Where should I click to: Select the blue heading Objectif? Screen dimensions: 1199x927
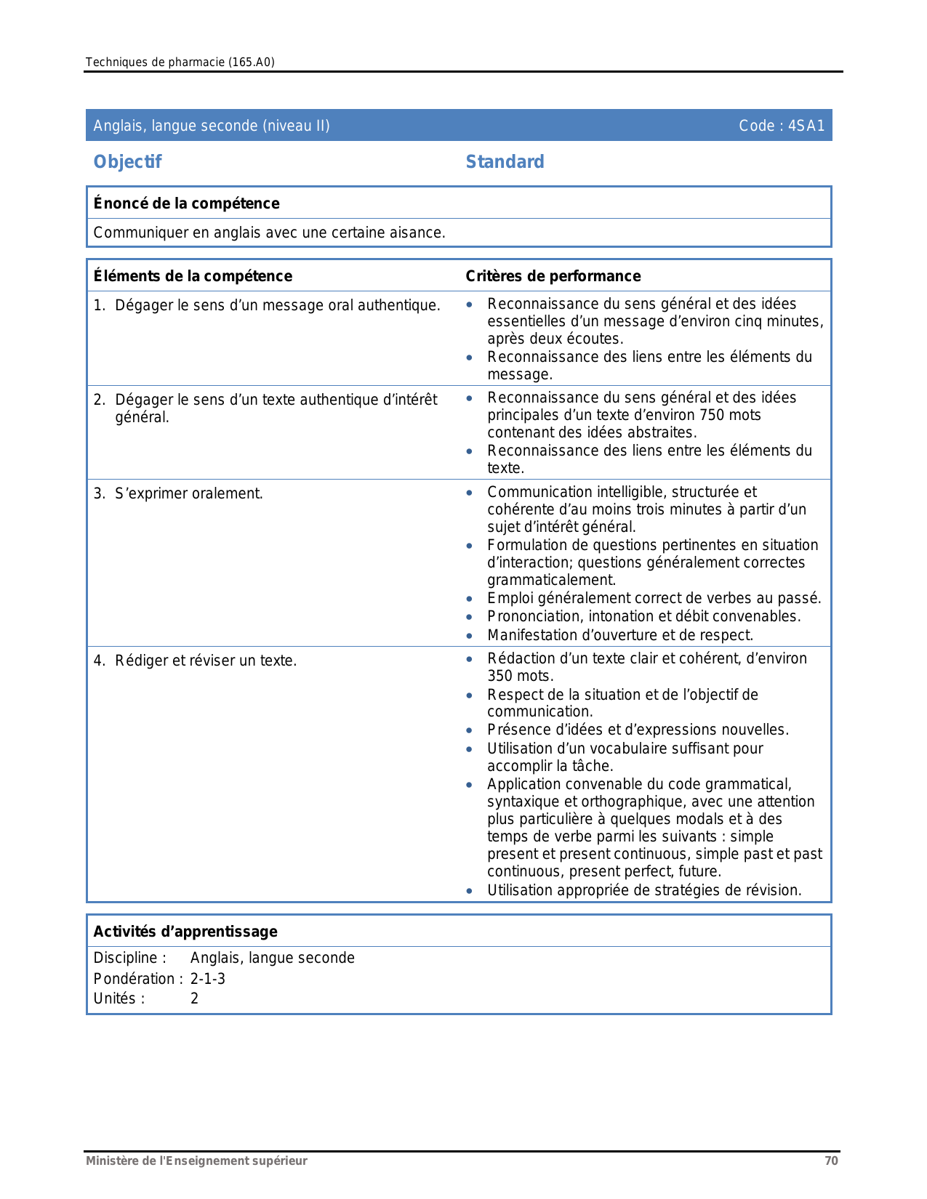click(127, 162)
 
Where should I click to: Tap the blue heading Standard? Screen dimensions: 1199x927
click(505, 162)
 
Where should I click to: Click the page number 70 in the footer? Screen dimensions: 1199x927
click(831, 1160)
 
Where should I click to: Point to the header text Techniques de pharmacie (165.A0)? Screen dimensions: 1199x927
click(180, 62)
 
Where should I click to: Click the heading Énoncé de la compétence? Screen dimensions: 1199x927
click(186, 203)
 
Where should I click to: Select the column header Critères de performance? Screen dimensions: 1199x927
click(553, 276)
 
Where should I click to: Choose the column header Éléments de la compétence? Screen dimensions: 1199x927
click(193, 276)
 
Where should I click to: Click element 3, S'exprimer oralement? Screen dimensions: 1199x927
click(188, 494)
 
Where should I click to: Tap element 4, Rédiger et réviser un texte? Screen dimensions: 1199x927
click(205, 661)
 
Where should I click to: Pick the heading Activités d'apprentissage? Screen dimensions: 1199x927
click(185, 932)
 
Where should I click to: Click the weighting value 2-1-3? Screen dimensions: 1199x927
click(208, 979)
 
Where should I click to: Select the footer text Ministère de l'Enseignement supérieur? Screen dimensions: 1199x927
click(196, 1160)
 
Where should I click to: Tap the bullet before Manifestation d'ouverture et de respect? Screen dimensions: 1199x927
click(470, 636)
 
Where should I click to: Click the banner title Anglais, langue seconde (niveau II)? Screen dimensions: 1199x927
click(212, 126)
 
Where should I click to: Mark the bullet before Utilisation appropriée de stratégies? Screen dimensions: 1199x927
click(470, 891)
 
